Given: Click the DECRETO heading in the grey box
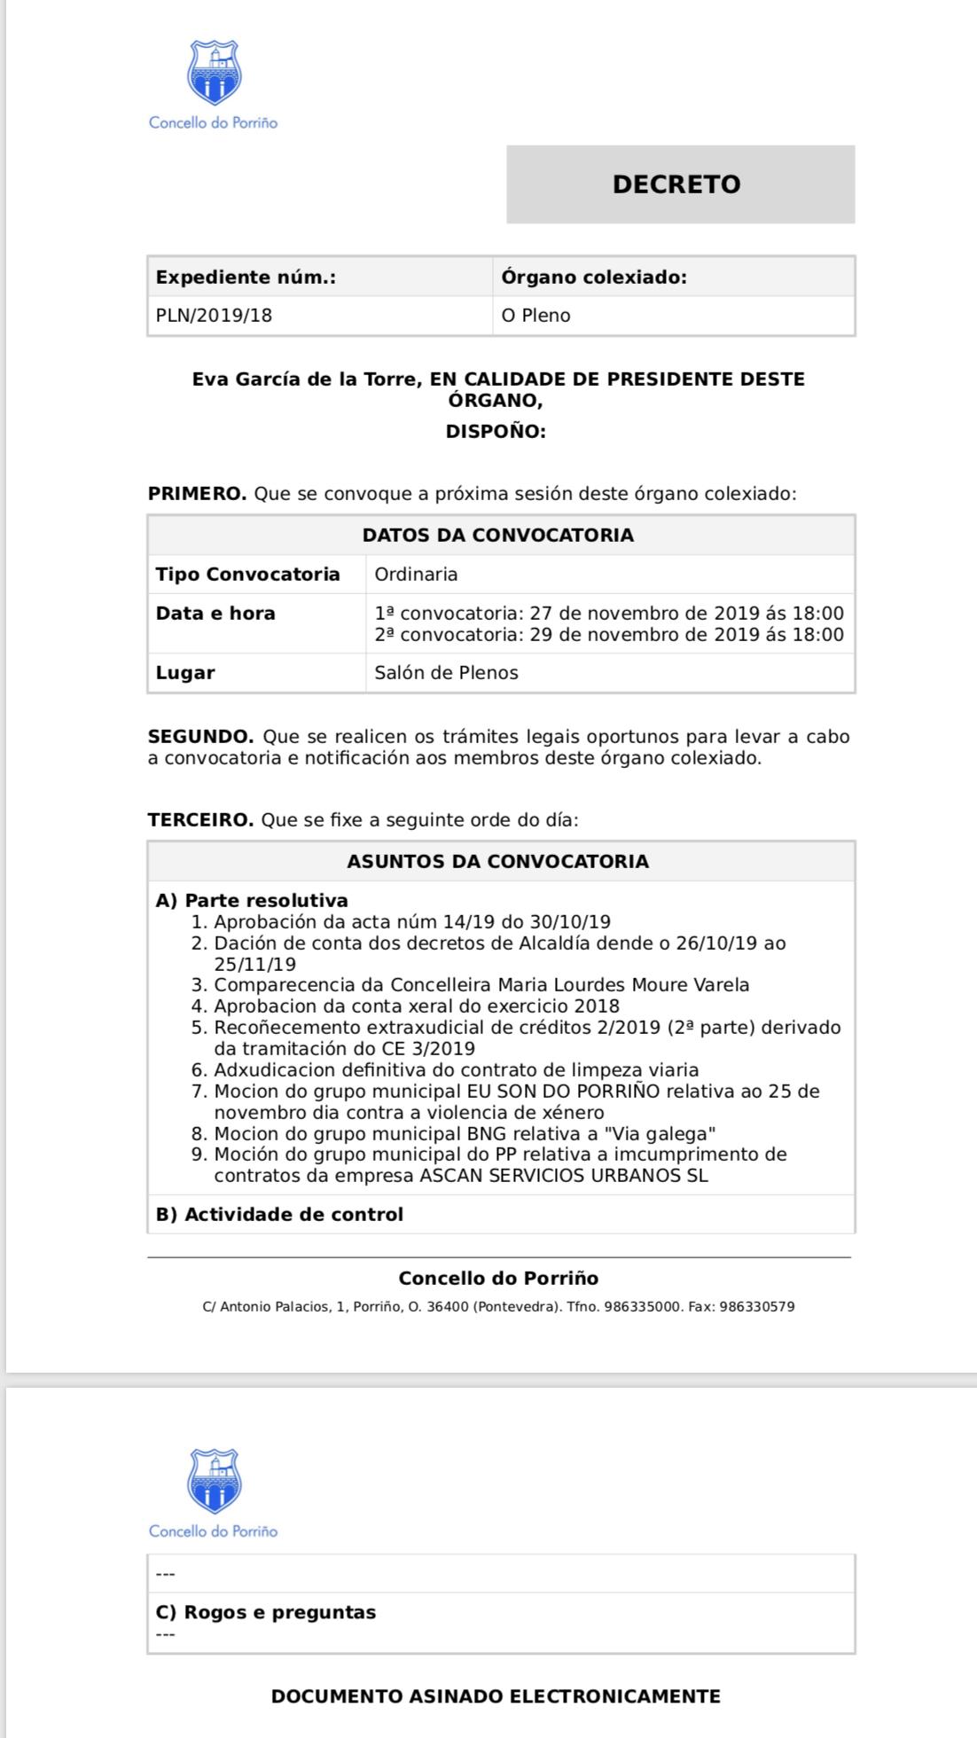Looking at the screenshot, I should pos(676,184).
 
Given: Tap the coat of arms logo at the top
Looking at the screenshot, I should pos(214,73).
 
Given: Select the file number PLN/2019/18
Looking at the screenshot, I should pos(214,316).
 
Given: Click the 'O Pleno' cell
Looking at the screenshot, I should pos(535,316).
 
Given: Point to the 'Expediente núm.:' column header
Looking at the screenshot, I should pos(246,278).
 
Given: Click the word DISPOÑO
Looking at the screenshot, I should pos(495,432).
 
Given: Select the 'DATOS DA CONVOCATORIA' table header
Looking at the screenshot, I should pos(497,536).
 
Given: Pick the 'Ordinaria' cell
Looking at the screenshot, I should pos(416,575).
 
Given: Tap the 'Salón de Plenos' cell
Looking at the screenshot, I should pos(446,673).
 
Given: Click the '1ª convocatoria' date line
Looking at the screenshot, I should pos(608,614).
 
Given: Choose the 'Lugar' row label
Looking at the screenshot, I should pos(185,673).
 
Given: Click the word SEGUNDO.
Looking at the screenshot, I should pos(200,737).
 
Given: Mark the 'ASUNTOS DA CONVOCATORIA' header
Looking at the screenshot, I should pos(497,862).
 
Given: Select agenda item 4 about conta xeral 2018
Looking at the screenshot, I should pos(416,1006).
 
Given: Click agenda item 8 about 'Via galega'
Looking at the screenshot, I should pos(464,1134).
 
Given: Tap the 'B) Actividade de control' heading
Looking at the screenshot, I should pos(279,1215).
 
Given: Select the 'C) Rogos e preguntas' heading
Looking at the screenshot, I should pos(265,1612).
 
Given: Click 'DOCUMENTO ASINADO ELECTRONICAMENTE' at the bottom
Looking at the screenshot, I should pos(496,1696).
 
